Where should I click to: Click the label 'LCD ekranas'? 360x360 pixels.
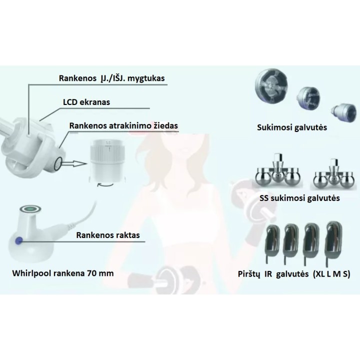86,102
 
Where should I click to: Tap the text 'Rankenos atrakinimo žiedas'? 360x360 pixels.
123,126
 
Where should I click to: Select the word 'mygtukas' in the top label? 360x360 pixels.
146,78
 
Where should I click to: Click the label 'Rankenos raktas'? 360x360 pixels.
108,235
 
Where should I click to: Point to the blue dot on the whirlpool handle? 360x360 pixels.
18,240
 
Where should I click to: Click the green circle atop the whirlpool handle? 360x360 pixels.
30,208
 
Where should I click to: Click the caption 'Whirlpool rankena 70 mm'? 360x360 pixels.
63,273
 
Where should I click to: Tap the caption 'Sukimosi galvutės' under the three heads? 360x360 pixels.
292,127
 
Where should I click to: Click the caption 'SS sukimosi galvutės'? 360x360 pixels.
299,198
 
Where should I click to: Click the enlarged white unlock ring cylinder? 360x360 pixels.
107,159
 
